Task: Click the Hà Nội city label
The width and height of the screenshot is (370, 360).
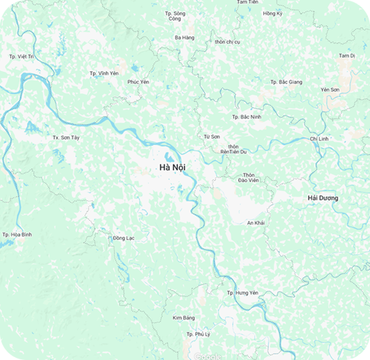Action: [172, 168]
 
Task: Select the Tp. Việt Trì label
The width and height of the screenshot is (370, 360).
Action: [21, 56]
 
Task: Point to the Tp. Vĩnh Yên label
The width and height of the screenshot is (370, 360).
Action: [104, 73]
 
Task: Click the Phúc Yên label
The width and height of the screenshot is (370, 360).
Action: [138, 81]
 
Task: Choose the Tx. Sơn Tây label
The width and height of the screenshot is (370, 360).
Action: [65, 138]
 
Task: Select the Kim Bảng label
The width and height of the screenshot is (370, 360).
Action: [183, 318]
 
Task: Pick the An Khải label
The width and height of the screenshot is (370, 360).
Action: [255, 222]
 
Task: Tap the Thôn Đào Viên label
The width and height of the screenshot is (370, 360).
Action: [248, 176]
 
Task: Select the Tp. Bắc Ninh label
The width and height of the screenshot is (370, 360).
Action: [246, 116]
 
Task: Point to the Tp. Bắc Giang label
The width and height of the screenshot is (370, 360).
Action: [286, 81]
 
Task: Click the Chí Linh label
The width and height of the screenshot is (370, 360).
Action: [319, 139]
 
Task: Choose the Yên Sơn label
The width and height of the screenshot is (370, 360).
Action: [330, 89]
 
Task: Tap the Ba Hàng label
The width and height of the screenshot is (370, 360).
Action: [184, 37]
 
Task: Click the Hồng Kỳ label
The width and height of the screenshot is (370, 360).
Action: [273, 13]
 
